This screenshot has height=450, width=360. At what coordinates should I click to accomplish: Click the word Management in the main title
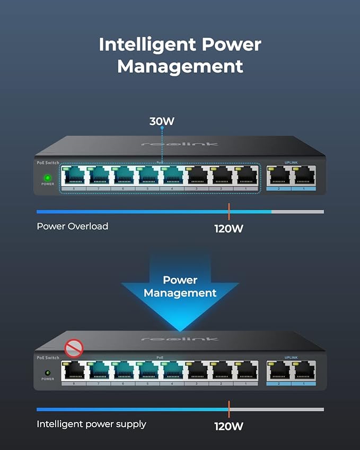(x=180, y=67)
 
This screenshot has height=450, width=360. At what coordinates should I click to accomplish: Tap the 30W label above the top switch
(x=162, y=121)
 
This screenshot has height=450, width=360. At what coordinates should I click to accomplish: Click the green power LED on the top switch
(x=47, y=178)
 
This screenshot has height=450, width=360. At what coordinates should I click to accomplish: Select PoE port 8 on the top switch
(x=73, y=177)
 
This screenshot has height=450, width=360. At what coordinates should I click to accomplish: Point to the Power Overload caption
(x=72, y=226)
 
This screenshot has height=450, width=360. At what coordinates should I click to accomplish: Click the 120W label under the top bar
(x=229, y=229)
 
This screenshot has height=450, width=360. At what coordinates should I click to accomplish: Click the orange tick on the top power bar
(x=229, y=211)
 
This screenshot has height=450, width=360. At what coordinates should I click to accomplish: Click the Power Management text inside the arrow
(x=180, y=286)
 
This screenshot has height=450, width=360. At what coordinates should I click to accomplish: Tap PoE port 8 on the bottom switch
(x=73, y=372)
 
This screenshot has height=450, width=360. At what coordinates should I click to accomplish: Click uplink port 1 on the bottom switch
(x=304, y=372)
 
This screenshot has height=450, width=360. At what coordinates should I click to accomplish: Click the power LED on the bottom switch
(x=47, y=373)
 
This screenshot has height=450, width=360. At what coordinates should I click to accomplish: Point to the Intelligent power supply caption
(x=91, y=424)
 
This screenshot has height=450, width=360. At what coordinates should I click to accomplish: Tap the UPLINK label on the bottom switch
(x=292, y=358)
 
